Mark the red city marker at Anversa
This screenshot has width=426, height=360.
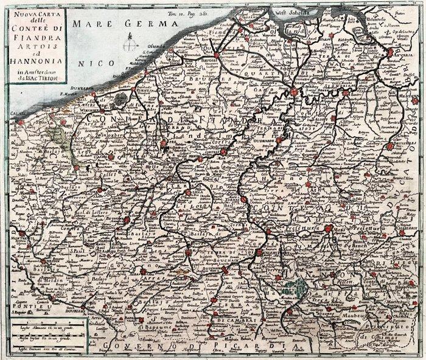(390, 53)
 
